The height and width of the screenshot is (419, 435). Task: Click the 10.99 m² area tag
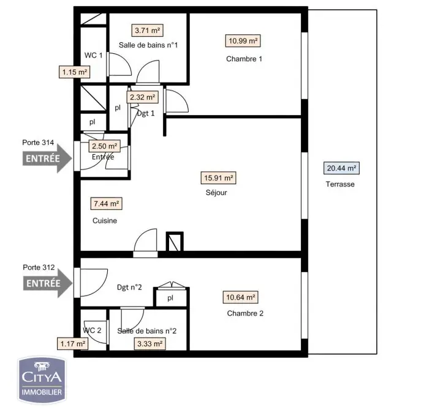(x=243, y=41)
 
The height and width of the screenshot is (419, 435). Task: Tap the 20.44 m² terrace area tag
(x=341, y=168)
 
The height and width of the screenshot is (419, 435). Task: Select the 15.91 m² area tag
(x=219, y=178)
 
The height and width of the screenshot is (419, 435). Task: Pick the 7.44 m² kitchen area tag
(x=106, y=204)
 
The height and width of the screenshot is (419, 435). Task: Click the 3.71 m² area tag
(x=147, y=30)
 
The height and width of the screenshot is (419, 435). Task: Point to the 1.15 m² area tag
(x=75, y=72)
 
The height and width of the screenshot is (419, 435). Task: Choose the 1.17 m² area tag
(x=72, y=344)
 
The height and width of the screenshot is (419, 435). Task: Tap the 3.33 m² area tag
(x=150, y=344)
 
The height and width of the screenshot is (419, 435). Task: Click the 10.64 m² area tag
(x=241, y=297)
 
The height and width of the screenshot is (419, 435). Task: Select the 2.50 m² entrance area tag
(x=105, y=146)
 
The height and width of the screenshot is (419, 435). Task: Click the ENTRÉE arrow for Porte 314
(x=47, y=158)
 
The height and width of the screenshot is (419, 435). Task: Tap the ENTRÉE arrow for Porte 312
(x=48, y=283)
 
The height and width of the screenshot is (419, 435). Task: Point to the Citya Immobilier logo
(x=42, y=380)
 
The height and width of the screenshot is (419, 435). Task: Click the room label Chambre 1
(x=244, y=59)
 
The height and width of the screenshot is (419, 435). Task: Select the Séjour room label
(x=216, y=193)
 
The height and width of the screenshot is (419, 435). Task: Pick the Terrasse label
(x=340, y=184)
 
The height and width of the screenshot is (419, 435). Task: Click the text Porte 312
(x=39, y=267)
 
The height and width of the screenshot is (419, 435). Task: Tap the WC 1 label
(x=94, y=56)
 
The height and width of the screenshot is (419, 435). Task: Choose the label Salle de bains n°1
(x=148, y=45)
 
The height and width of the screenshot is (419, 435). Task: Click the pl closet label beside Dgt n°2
(x=170, y=298)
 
